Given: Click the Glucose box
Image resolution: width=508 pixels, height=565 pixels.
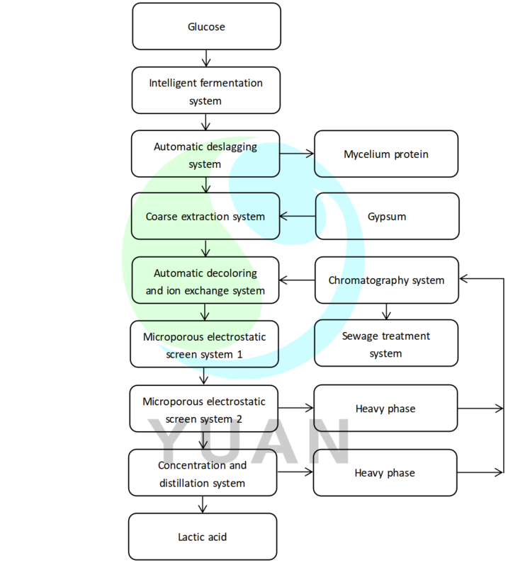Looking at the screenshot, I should [205, 27].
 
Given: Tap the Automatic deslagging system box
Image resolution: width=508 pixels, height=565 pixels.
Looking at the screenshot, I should [205, 154].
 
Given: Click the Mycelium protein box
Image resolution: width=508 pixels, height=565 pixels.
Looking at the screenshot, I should [386, 154].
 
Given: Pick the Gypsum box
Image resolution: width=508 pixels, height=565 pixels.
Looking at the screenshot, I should [386, 217].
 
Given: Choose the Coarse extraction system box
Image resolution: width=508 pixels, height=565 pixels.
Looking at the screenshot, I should [205, 217].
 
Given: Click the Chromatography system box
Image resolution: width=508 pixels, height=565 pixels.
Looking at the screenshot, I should [386, 280].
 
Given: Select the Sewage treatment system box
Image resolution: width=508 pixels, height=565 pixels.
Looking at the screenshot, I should [386, 343].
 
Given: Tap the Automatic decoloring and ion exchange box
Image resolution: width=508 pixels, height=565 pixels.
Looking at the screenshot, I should [205, 280].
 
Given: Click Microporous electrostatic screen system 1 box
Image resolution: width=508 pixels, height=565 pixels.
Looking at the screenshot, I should [204, 344].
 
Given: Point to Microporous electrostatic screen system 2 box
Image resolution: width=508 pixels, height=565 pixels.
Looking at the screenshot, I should [204, 409].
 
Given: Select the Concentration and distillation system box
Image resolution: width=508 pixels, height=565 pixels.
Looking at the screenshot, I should [203, 474].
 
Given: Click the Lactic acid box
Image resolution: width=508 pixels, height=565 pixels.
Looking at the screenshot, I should [203, 537].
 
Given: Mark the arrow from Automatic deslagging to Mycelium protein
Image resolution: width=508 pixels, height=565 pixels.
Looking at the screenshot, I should [297, 152].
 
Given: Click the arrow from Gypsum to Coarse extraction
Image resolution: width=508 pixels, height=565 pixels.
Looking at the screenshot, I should [297, 217].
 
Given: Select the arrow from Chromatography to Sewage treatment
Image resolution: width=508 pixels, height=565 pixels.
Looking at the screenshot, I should [386, 312].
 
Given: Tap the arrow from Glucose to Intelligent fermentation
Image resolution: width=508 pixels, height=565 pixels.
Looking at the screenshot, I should [205, 58].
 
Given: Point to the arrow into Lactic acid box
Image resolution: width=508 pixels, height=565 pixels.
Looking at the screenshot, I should [203, 504].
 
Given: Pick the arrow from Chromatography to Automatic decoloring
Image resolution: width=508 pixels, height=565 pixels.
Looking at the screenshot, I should [297, 280].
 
